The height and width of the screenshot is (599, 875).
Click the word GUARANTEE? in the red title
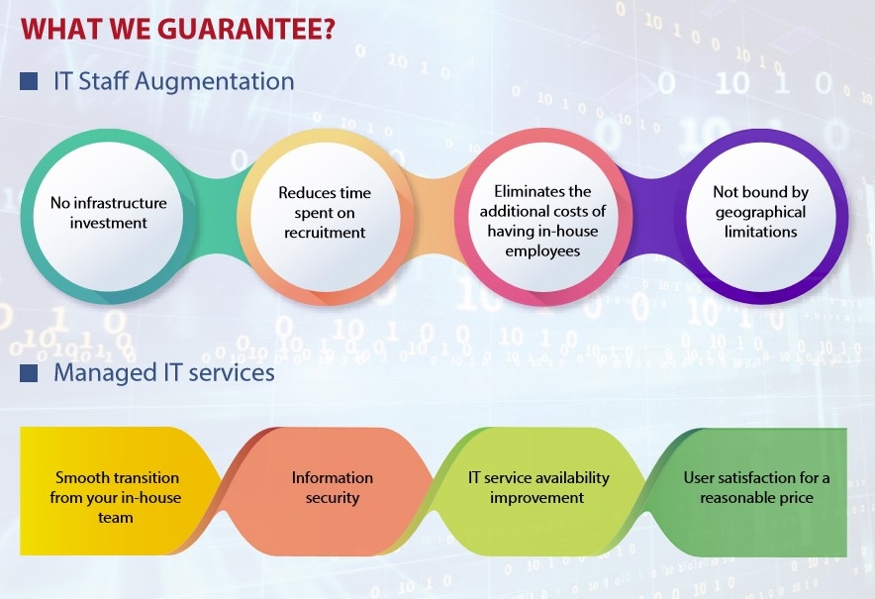point(246,29)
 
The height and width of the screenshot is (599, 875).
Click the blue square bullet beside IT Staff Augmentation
point(29,81)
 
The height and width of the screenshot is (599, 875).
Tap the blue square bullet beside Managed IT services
point(29,373)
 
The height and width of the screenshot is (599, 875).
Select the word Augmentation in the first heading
point(214,81)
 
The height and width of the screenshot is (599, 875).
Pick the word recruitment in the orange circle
point(325,233)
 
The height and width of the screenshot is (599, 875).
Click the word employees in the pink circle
point(542,251)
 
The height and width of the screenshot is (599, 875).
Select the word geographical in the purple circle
point(760,212)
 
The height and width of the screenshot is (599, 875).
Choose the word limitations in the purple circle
point(760,232)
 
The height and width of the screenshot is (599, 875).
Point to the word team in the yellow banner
point(116,518)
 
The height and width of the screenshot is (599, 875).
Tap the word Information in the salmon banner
point(332,478)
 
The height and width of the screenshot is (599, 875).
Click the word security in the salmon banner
point(332,497)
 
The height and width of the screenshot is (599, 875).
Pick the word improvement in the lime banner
point(536,497)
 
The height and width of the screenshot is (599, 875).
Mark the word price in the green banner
point(795,498)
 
